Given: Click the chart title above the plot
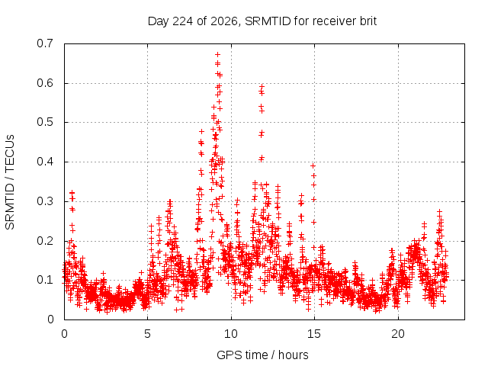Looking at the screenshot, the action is coord(262,21).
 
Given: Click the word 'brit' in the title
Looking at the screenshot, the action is coord(368,21).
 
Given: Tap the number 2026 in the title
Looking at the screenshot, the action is coord(223,21).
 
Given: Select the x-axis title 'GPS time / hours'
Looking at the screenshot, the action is coord(262,355).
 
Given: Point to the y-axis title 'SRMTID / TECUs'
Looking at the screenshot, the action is coord(10,182).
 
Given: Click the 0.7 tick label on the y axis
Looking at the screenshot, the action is coord(45,43).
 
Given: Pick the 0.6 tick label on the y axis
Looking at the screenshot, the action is coord(45,83).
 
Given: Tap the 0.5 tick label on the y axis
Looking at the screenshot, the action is coord(45,122).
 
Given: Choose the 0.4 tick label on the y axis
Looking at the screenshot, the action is coord(45,162).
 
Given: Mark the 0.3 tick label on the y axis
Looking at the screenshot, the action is coord(45,201).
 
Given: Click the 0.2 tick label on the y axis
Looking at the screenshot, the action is coord(45,241).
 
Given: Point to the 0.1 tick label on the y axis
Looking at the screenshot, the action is coord(45,280).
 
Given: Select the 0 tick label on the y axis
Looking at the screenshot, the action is coord(50,319).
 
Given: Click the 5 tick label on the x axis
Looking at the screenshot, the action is coord(147,334).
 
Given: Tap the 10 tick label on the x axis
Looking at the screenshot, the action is coord(231,334).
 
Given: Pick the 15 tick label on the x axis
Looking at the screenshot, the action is coord(314,334).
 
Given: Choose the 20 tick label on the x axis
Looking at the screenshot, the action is coord(398,334).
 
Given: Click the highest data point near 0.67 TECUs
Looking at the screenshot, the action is coord(217,55).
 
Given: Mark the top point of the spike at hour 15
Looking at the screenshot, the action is coord(313,166).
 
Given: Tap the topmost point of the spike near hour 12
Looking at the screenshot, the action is coord(262,86).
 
